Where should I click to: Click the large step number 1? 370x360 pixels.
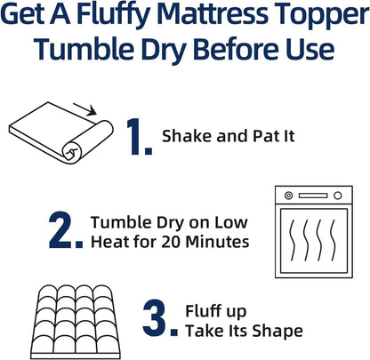136,138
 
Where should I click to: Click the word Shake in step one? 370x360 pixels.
182,137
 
